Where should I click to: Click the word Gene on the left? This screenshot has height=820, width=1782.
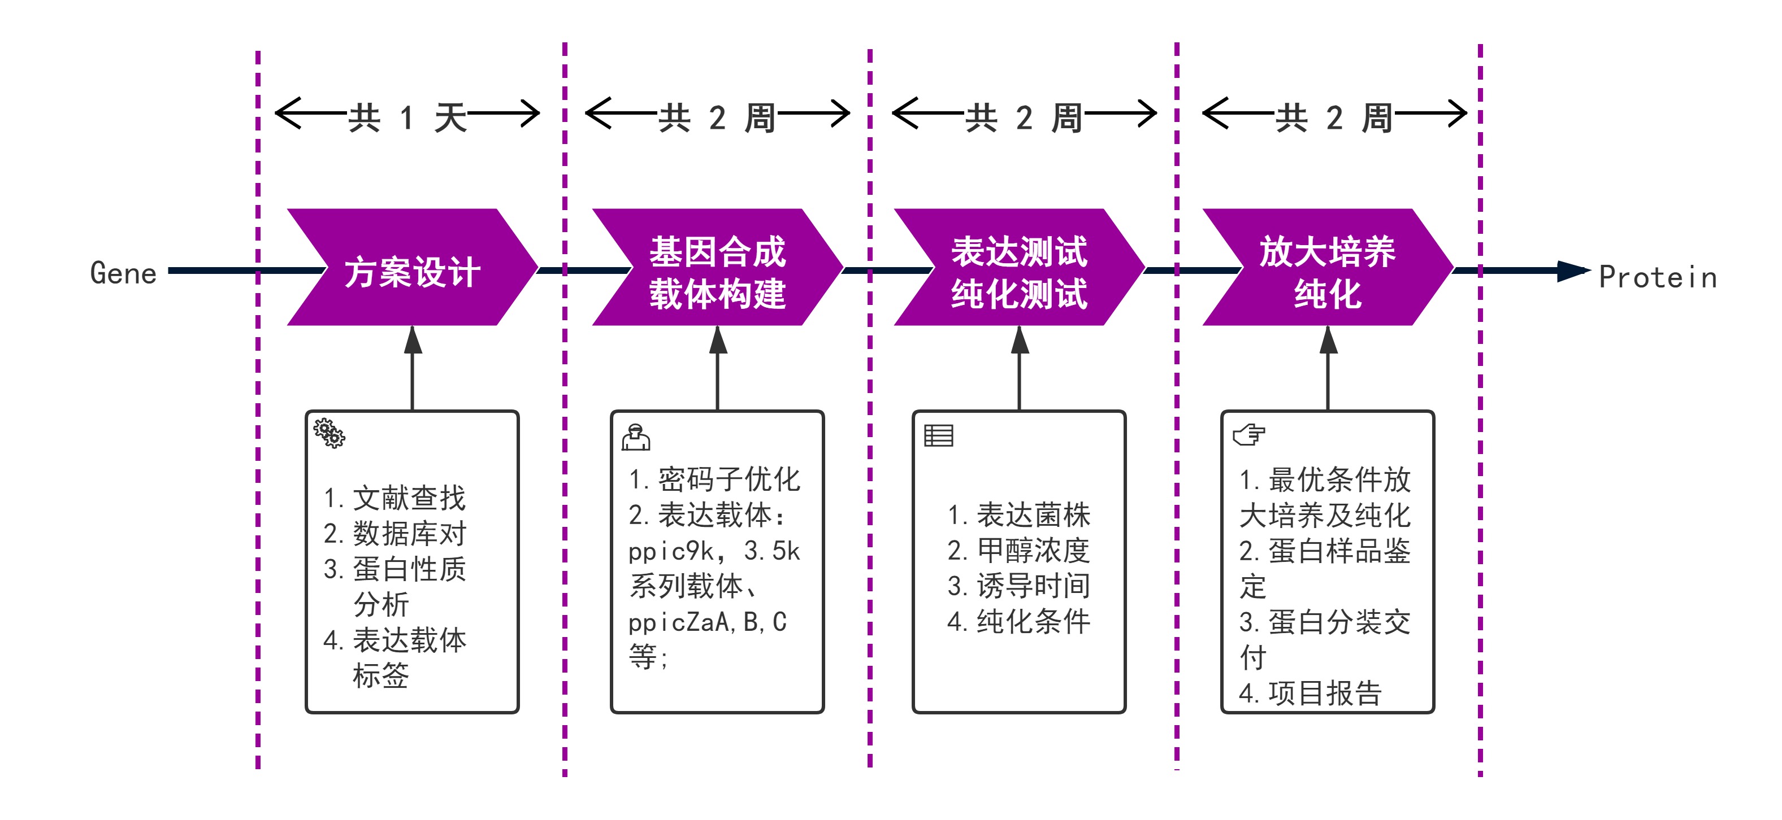[123, 273]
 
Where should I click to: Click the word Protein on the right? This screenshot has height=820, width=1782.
[1658, 277]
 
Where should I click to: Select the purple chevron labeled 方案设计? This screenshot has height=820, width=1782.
[412, 267]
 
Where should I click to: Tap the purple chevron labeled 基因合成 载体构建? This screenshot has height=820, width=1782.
[717, 267]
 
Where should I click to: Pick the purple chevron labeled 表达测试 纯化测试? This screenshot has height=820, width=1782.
[1019, 267]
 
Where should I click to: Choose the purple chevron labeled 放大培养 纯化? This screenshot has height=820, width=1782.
[1328, 267]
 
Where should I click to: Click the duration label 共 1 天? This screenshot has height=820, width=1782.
[407, 117]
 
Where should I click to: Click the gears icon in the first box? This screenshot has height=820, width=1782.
[329, 434]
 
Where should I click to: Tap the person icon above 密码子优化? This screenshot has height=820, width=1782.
[636, 437]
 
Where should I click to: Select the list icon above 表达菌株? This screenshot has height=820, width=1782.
[939, 435]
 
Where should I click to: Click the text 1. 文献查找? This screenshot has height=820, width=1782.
[394, 498]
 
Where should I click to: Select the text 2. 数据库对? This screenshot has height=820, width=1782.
[394, 534]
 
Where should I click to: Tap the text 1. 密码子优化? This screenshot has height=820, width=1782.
[714, 479]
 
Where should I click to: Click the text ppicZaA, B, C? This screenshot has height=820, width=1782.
[707, 622]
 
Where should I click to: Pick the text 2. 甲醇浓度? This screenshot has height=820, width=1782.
[1018, 551]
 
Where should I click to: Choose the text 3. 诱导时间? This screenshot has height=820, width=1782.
[1018, 586]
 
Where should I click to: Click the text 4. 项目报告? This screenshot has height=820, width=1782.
[1310, 693]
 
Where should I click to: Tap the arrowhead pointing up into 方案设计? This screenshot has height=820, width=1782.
[413, 339]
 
